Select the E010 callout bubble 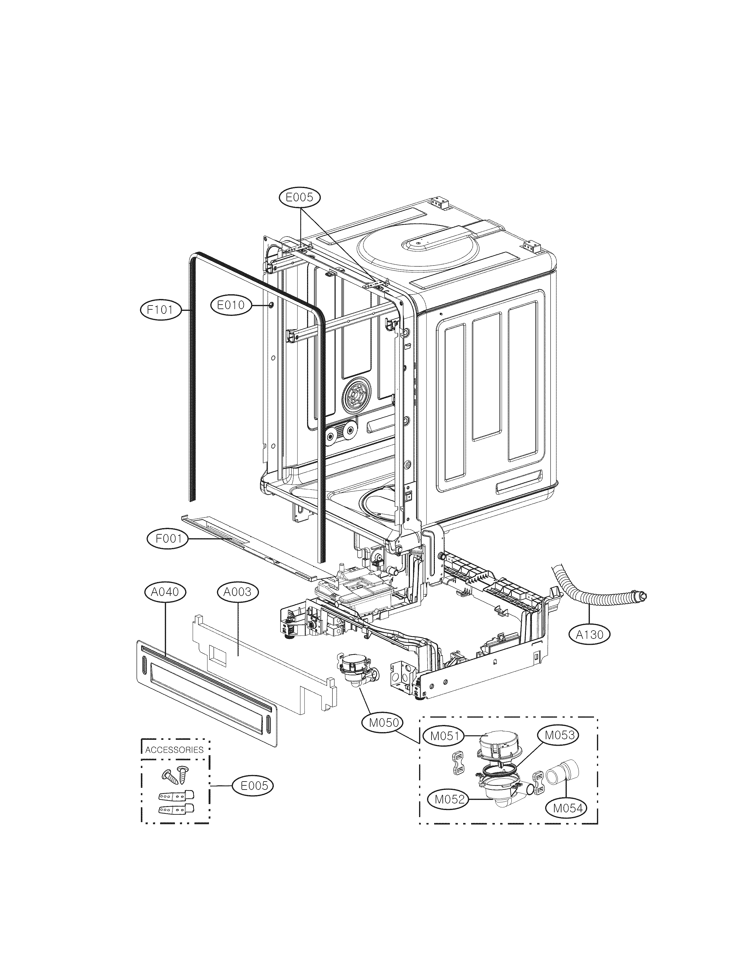click(231, 305)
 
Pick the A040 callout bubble click(165, 592)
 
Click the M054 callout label click(567, 808)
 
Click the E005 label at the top click(300, 197)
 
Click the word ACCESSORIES click(174, 749)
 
